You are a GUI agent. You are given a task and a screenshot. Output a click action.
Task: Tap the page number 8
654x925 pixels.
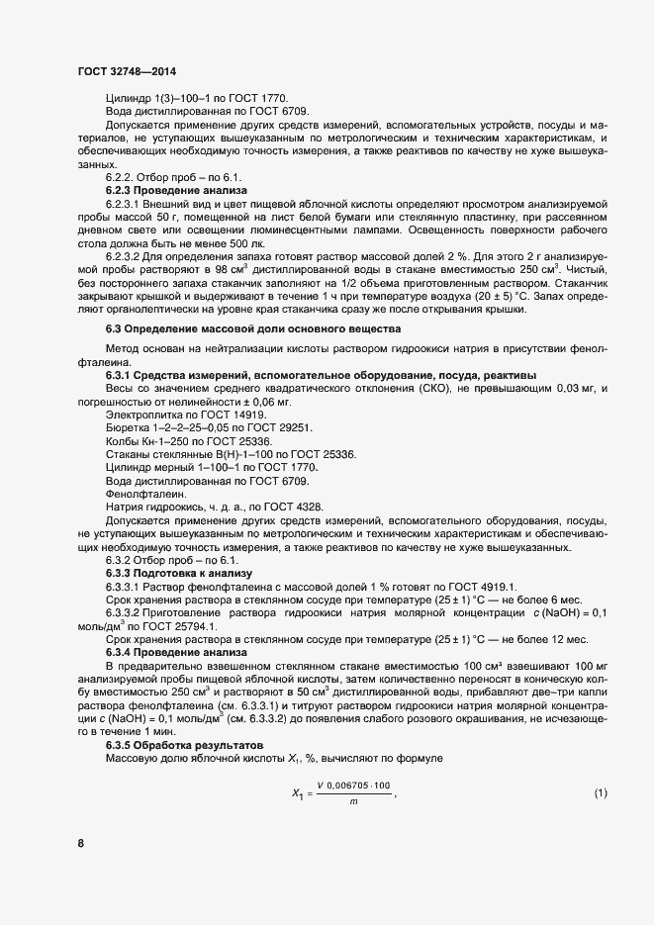point(80,843)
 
